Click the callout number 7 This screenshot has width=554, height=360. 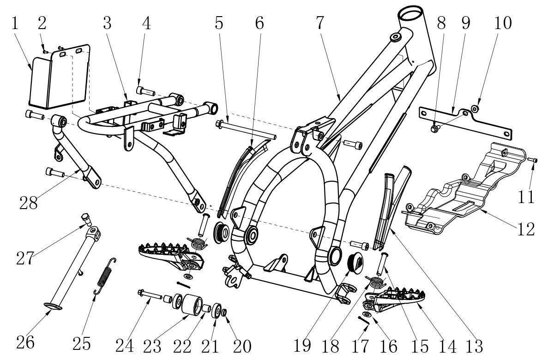(x=319, y=23)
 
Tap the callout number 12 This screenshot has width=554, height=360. (x=526, y=229)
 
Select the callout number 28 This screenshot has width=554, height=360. (x=29, y=203)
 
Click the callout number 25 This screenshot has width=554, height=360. (x=81, y=343)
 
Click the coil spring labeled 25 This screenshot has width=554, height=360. (x=105, y=276)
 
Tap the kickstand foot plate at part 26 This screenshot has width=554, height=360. (x=53, y=306)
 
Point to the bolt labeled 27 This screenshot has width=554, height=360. (x=86, y=219)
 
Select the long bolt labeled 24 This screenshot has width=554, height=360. (x=150, y=294)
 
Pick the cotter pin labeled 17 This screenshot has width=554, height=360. (x=364, y=320)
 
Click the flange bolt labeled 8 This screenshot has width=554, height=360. (x=435, y=128)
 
